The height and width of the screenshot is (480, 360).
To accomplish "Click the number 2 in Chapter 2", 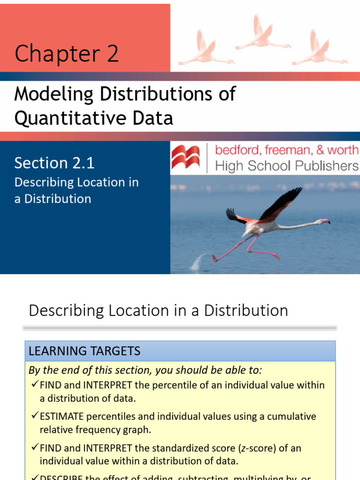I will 112,53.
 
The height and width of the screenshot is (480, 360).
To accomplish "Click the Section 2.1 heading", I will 54,163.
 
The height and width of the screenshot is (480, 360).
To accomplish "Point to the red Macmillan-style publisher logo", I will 186,157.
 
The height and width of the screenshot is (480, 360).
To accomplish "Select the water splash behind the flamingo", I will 200,261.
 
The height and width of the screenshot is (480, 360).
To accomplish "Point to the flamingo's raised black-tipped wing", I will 281,202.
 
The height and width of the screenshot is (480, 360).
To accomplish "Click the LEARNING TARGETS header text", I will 84,351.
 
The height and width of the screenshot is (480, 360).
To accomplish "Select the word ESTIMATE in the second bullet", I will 61,416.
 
